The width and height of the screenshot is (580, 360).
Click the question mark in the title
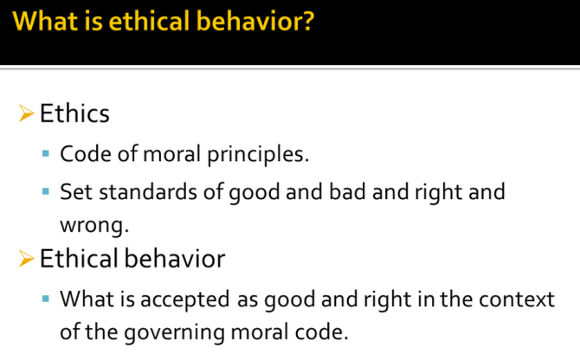tap(306, 21)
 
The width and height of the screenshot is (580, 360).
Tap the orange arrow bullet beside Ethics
tap(26, 113)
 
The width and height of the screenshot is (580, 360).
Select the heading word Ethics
tap(74, 113)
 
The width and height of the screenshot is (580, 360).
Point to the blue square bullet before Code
tap(46, 153)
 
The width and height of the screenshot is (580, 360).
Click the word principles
tap(258, 154)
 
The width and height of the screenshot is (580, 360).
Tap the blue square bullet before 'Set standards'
tap(46, 191)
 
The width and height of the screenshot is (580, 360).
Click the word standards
tap(148, 192)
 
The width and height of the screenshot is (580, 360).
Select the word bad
tap(347, 192)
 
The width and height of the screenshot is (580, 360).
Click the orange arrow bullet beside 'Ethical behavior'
tap(26, 259)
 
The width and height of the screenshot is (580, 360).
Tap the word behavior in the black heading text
tap(175, 258)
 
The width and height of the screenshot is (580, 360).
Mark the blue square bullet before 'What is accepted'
tap(46, 299)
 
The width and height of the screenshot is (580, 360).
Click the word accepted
tap(185, 299)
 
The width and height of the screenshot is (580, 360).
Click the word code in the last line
tap(321, 332)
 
